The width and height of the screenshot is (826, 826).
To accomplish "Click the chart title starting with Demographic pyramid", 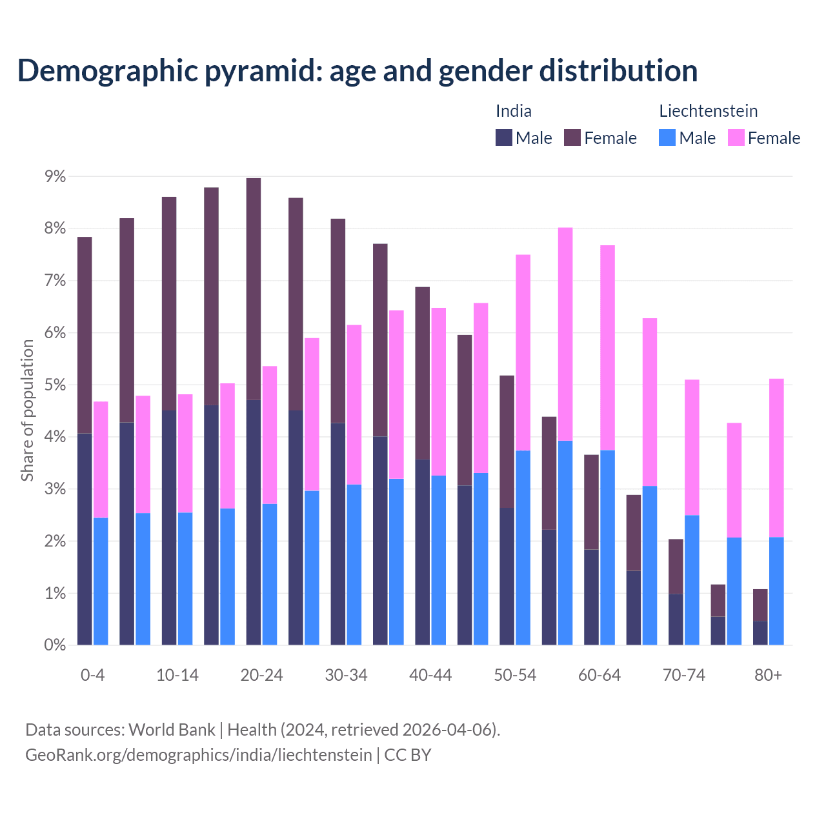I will click(358, 71).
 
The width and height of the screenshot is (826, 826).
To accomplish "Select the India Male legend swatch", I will click(504, 137).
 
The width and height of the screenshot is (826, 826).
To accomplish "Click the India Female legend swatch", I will click(572, 137).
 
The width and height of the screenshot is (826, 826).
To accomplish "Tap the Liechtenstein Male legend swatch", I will click(667, 137).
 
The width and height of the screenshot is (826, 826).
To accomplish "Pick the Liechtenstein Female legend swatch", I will click(736, 137).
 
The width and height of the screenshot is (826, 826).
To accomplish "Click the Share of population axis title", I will click(27, 410).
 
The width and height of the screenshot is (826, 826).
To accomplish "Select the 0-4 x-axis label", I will click(92, 676).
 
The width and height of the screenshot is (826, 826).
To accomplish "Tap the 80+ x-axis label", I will click(768, 676).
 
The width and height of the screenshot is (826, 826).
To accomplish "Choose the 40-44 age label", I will click(430, 676).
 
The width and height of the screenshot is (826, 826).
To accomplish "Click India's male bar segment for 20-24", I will click(254, 523).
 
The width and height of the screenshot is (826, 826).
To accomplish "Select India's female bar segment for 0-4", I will click(85, 336).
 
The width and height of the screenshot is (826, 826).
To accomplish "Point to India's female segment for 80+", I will click(760, 605).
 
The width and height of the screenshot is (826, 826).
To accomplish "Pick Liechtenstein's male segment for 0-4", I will click(101, 581).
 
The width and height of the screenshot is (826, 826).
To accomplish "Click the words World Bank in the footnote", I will click(172, 730).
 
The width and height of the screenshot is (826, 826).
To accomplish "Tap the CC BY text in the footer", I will click(408, 755).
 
